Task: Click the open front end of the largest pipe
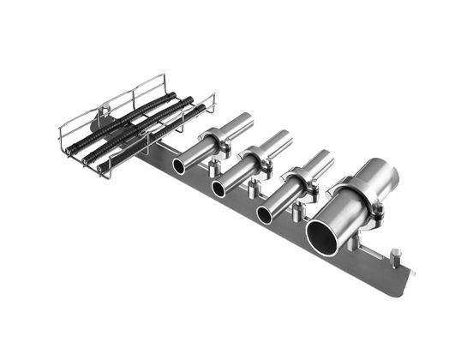pyautogui.click(x=326, y=233)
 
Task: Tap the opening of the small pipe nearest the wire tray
pyautogui.click(x=180, y=165)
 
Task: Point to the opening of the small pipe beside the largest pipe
pyautogui.click(x=266, y=214)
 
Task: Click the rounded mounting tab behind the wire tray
pyautogui.click(x=104, y=109)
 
